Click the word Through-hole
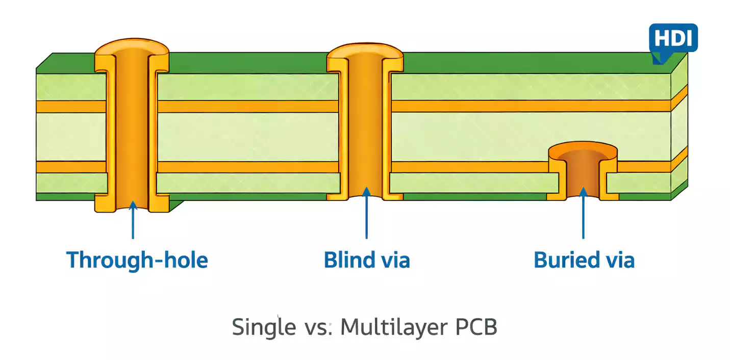point(137,260)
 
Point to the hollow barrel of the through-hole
point(132,127)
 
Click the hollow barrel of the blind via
point(365,127)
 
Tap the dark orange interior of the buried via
point(583,176)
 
